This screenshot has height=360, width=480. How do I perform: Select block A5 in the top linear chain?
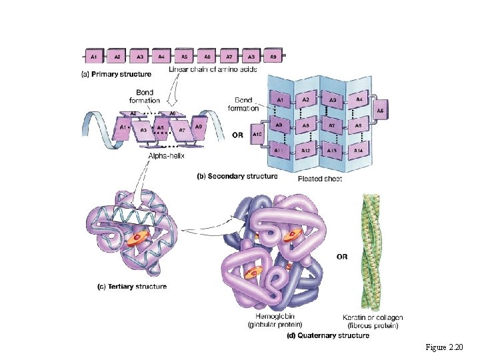tap(185, 57)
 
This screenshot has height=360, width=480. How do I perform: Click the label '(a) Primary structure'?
tap(116, 73)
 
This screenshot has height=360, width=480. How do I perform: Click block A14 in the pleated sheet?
tap(357, 151)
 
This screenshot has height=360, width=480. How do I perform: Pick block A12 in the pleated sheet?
tap(305, 151)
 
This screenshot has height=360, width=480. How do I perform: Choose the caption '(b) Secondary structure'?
tap(237, 177)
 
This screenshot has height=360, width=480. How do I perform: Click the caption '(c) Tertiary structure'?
tap(131, 287)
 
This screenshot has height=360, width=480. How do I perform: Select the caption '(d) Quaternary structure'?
tap(327, 336)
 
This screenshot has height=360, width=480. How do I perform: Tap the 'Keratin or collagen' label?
tap(373, 317)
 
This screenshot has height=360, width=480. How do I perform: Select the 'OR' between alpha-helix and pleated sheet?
tap(238, 134)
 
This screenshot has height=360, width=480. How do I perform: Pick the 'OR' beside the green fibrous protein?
tap(343, 256)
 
